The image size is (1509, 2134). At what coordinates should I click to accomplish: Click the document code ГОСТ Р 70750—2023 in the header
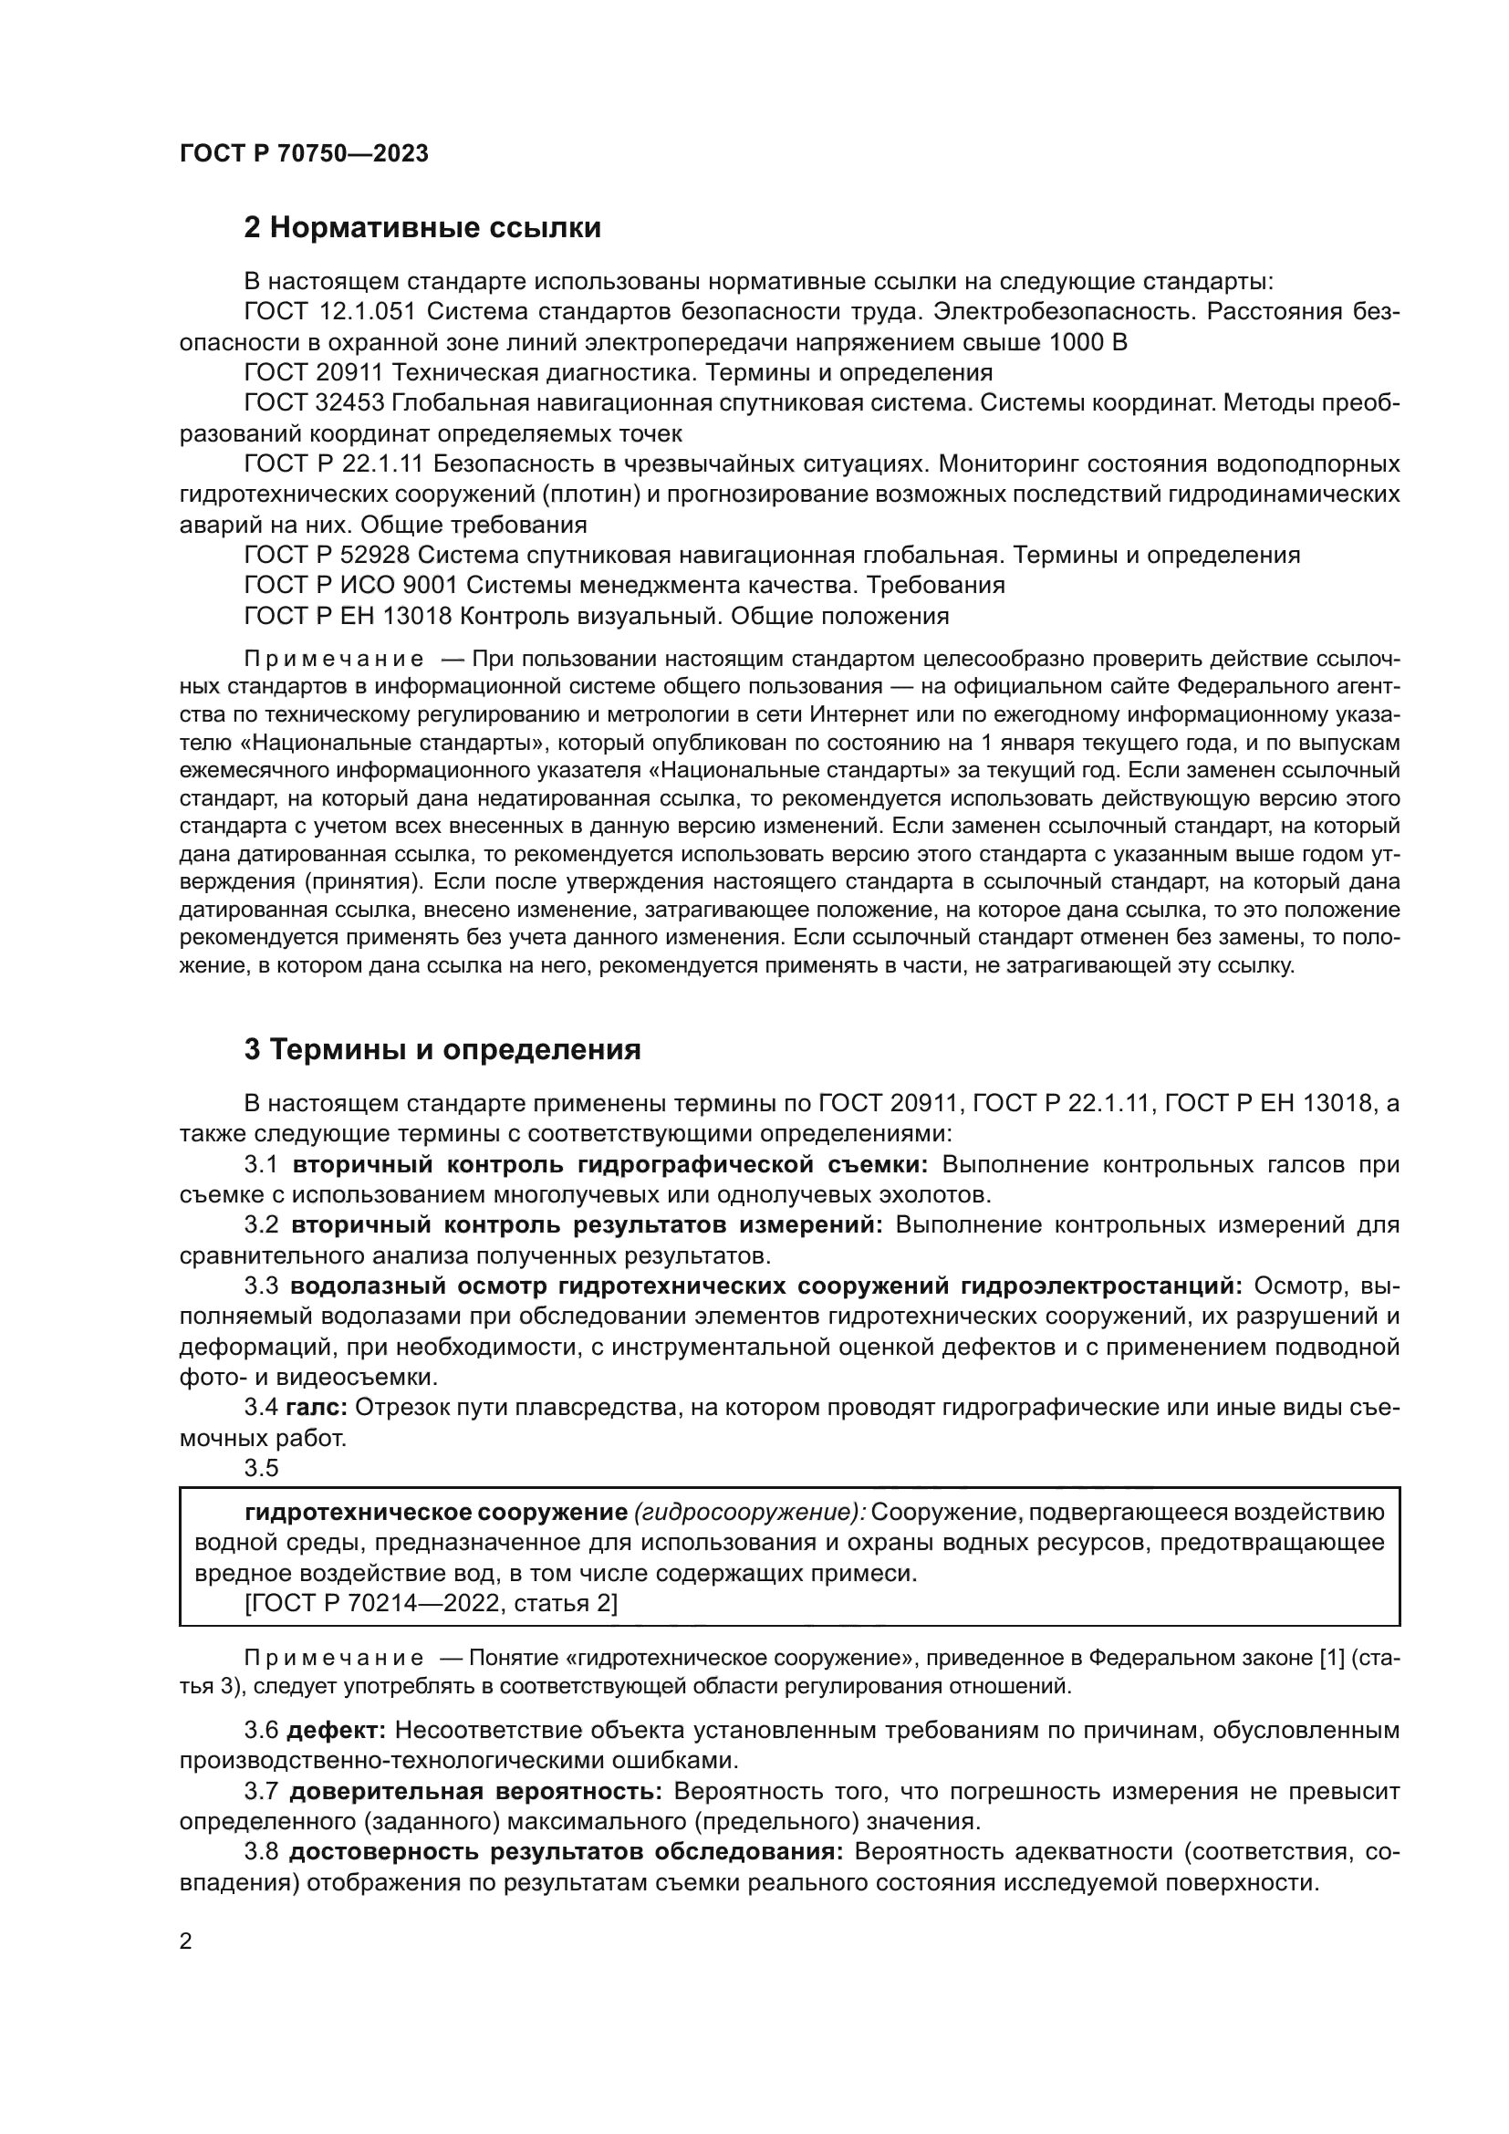pyautogui.click(x=304, y=154)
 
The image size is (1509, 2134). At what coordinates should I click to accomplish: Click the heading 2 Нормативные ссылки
pyautogui.click(x=421, y=228)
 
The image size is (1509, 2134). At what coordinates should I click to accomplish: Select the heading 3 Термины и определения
pyautogui.click(x=442, y=1049)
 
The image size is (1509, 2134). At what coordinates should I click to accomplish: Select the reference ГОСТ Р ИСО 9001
pyautogui.click(x=350, y=586)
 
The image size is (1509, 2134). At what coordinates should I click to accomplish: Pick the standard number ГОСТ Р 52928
pyautogui.click(x=326, y=555)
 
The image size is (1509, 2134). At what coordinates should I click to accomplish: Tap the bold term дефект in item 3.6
pyautogui.click(x=337, y=1731)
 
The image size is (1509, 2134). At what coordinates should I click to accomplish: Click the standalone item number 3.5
pyautogui.click(x=261, y=1469)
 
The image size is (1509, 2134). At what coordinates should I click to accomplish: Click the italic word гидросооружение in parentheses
pyautogui.click(x=749, y=1512)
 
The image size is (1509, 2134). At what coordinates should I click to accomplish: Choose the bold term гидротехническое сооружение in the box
pyautogui.click(x=436, y=1512)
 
